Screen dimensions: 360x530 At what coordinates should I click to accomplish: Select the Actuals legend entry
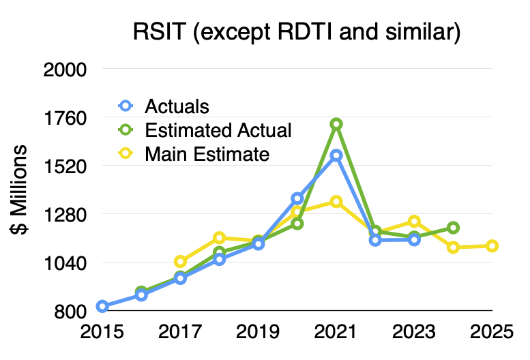coord(177,106)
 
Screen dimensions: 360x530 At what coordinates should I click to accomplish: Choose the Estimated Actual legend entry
coord(218,130)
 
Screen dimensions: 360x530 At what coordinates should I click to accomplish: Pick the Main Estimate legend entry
coord(207,154)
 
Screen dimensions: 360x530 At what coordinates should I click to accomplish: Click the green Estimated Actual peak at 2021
coord(336,124)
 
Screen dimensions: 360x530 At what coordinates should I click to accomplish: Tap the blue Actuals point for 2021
coord(336,155)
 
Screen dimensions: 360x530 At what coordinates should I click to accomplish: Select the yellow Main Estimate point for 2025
coord(492,245)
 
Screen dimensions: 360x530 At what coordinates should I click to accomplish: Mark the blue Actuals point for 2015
coord(102,306)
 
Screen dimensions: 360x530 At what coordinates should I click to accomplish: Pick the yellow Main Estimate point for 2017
coord(180,261)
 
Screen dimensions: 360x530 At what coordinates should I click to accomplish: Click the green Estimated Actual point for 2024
coord(453,227)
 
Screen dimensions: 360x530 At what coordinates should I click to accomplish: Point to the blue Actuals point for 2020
coord(297,198)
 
